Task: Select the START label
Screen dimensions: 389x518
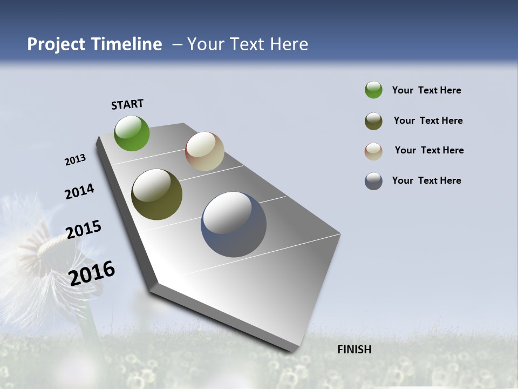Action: tap(127, 104)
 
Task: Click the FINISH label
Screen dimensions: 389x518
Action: tap(355, 350)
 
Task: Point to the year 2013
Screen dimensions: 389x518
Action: tap(76, 160)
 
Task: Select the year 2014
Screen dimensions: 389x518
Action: tap(80, 192)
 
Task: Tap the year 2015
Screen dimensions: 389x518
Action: tap(84, 229)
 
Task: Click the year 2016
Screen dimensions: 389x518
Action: tap(92, 273)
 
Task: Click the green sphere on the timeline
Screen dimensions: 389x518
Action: tap(132, 133)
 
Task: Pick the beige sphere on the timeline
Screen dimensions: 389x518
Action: tap(205, 151)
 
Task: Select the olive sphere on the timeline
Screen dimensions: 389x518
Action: tap(156, 194)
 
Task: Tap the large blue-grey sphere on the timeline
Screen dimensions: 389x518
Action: tap(234, 224)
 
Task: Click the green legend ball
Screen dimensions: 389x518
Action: tap(373, 90)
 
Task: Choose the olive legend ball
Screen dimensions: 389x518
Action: tap(373, 121)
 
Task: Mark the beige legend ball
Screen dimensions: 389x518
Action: tap(373, 151)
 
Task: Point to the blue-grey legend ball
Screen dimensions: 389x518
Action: tap(373, 181)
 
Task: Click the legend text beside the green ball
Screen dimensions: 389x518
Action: tap(426, 91)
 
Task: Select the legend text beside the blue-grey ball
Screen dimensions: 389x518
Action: tap(426, 180)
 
